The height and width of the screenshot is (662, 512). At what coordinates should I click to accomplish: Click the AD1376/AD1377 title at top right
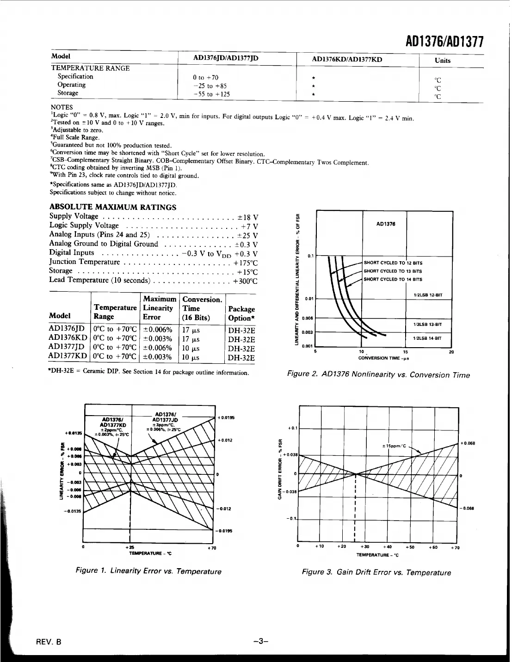coord(444,42)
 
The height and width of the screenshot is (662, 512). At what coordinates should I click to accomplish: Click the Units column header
coord(442,61)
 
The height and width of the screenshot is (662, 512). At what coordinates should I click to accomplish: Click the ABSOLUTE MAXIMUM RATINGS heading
coord(112,207)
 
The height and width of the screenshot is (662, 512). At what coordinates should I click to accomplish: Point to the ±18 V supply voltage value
coord(248,217)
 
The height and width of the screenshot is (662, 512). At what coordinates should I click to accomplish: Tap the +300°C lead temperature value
coord(245,281)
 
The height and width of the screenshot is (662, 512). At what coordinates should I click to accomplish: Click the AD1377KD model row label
coord(68,356)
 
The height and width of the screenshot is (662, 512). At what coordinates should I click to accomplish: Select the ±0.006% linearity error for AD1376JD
coord(157,330)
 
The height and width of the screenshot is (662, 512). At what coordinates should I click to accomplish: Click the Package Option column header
coord(241,313)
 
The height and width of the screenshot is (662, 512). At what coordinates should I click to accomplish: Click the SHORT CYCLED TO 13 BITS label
coord(393,271)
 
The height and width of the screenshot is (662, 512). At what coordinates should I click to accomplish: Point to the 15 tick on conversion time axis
coord(406,352)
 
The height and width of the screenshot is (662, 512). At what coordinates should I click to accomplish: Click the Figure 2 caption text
coord(378,375)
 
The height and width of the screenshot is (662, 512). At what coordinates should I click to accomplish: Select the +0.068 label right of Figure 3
coord(468,443)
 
